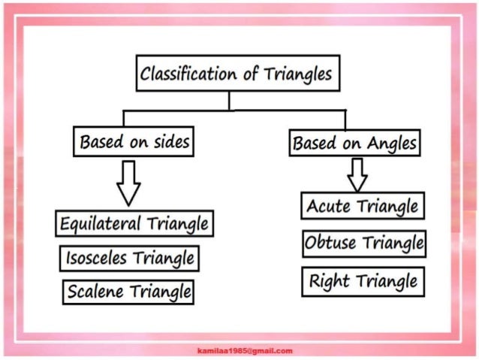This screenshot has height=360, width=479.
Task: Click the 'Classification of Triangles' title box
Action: tap(235, 74)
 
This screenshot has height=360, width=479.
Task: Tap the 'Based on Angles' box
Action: tap(354, 142)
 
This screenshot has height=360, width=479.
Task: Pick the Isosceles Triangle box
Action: tap(130, 259)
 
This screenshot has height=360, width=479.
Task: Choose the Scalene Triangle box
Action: tap(128, 291)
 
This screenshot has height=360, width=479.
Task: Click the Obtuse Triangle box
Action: tap(364, 244)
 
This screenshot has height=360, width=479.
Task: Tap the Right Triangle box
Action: tap(363, 282)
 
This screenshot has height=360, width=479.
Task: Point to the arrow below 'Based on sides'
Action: tap(128, 183)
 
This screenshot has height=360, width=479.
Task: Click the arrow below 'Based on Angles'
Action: tap(357, 174)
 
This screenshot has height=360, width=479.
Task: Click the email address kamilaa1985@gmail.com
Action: tap(245, 351)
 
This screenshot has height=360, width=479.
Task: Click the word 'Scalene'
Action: tap(95, 291)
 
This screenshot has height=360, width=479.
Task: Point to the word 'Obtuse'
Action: tap(331, 244)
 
